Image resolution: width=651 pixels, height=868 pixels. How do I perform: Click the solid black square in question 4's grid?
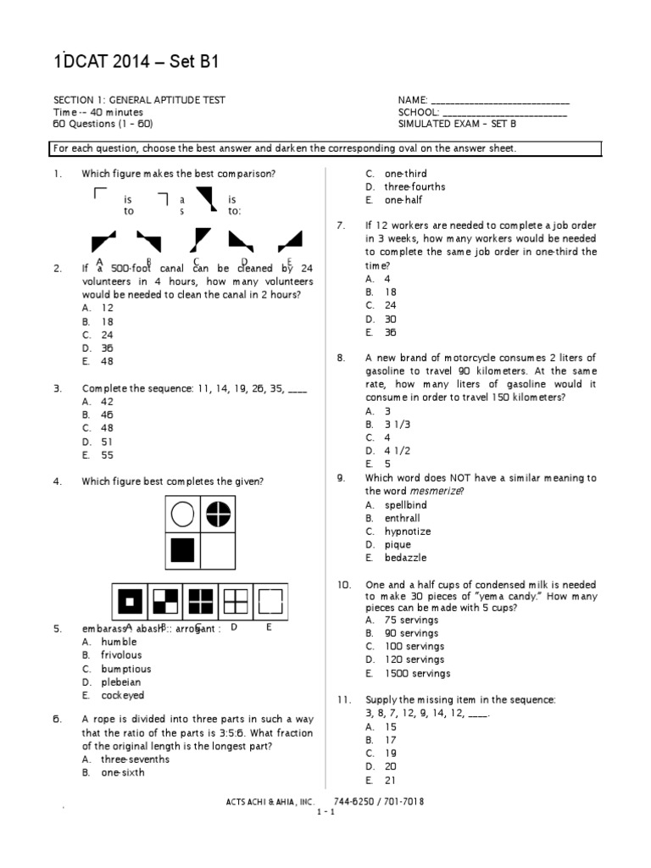click(182, 551)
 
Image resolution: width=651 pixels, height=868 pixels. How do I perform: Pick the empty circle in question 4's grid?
click(182, 514)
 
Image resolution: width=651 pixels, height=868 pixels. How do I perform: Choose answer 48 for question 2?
click(107, 361)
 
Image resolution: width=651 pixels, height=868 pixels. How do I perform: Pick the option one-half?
click(403, 200)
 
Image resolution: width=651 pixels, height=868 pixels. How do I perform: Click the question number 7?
click(340, 225)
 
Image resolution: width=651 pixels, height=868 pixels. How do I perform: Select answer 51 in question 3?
click(107, 442)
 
